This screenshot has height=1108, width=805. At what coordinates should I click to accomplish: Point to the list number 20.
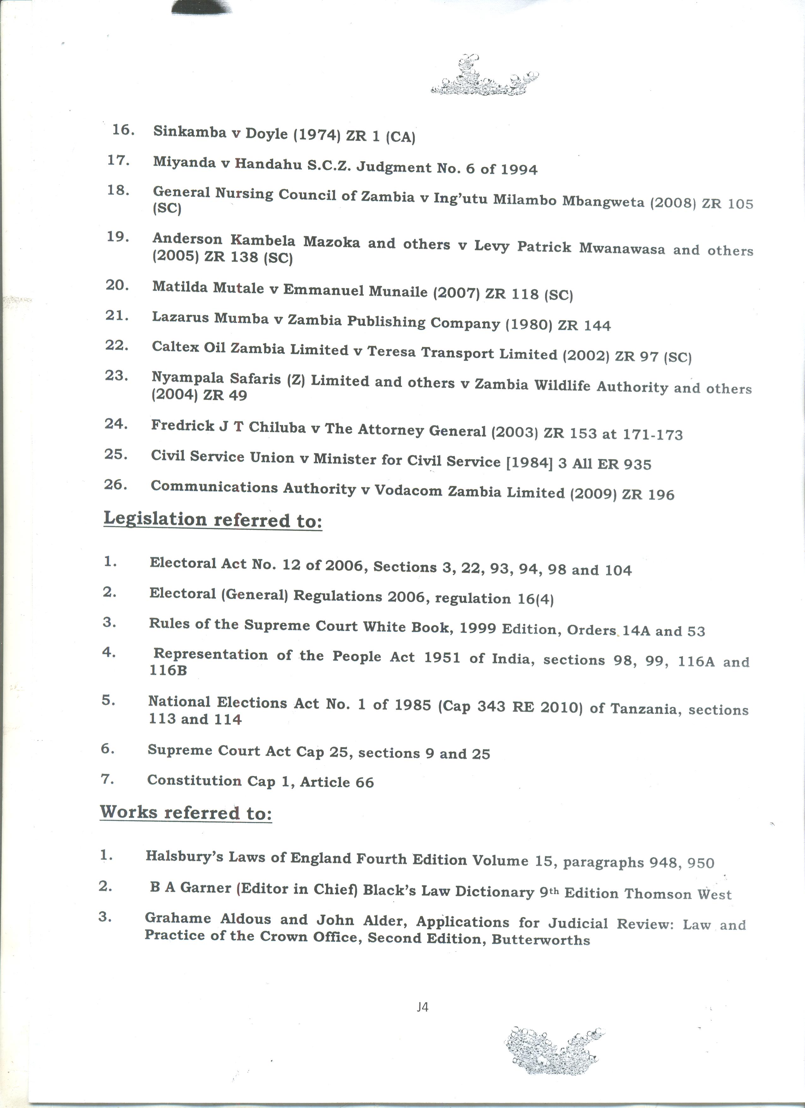click(x=117, y=285)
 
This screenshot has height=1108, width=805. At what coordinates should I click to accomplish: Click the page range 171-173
click(x=653, y=434)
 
